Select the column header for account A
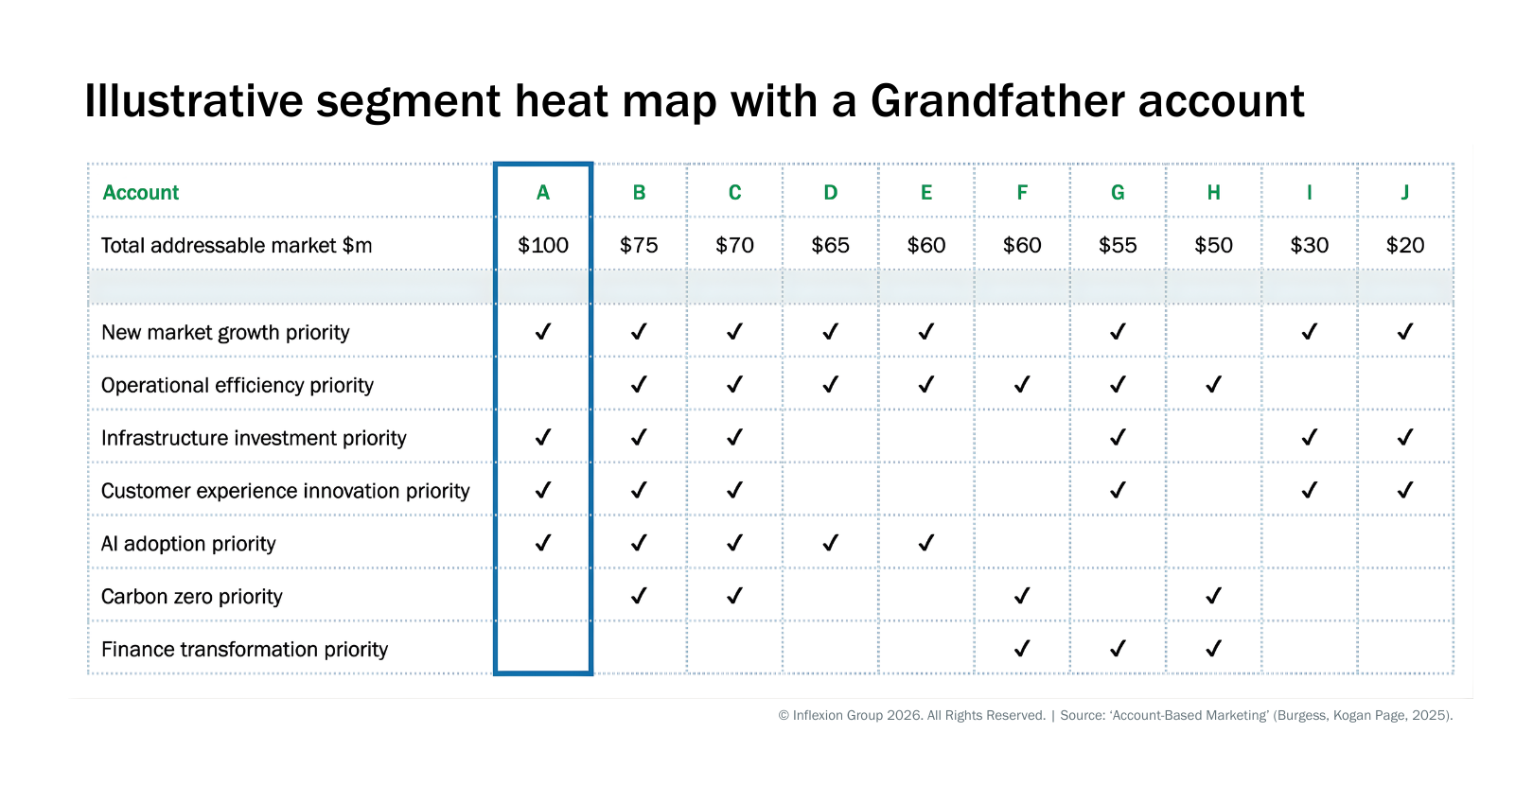[543, 193]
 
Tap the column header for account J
[1405, 193]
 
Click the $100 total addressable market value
[543, 246]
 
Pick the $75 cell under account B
[639, 246]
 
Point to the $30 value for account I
[1310, 246]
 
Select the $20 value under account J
[1405, 246]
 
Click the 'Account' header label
[141, 193]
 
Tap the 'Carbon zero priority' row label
[192, 597]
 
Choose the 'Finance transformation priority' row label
[244, 650]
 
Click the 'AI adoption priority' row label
[188, 544]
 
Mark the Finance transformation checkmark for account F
[1022, 649]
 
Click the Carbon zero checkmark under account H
[1214, 596]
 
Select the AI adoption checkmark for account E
[926, 543]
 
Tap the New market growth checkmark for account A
[543, 332]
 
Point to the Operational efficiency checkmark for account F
[1022, 385]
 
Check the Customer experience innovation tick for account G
[1119, 490]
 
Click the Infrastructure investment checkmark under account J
[1405, 437]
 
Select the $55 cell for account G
[1119, 246]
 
